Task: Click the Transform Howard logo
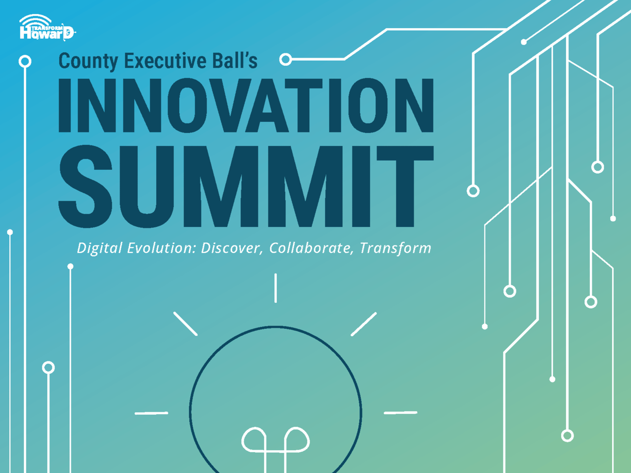point(48,27)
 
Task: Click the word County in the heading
point(88,61)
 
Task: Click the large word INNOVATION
point(246,105)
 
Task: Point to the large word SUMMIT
point(246,187)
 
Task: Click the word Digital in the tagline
point(100,248)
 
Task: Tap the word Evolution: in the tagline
point(162,248)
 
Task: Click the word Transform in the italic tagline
point(395,248)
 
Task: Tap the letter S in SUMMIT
point(85,187)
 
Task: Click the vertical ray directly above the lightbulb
point(275,288)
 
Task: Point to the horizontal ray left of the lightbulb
point(151,413)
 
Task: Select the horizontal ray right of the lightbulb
point(400,413)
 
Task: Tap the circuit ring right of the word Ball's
point(285,60)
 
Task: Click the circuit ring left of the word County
point(25,62)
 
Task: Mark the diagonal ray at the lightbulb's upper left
point(185,324)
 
